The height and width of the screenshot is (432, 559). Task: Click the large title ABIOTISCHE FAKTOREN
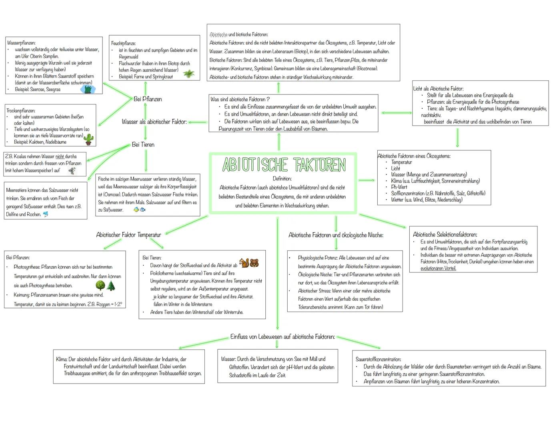coord(284,165)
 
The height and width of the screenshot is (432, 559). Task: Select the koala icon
coord(72,171)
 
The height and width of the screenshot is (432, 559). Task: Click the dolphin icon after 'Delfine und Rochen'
coord(46,214)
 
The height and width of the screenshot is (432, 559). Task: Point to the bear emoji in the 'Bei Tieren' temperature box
coord(254,263)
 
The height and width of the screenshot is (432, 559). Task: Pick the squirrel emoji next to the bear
coord(244,263)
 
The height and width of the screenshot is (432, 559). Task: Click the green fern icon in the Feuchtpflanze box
coord(188,74)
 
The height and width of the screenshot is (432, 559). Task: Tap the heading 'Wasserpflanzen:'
coord(21,42)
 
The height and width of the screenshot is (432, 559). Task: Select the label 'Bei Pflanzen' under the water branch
coord(148,99)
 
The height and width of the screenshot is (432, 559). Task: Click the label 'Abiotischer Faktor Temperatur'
coord(128,235)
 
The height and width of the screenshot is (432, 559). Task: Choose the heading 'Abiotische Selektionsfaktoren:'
coord(445,234)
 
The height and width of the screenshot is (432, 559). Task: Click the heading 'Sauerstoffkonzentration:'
coord(378,359)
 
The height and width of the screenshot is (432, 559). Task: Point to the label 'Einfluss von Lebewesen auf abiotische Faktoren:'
coord(283,337)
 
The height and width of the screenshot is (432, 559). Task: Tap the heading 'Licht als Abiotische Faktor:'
coord(438,88)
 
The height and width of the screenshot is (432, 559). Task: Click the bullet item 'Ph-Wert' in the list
coord(399,187)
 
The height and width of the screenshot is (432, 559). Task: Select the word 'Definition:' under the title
coord(282,178)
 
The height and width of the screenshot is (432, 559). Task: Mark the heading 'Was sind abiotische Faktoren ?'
coord(240,99)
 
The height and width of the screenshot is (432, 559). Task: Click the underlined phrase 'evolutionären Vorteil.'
coord(438,268)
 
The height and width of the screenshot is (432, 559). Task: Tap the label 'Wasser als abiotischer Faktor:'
coord(154,122)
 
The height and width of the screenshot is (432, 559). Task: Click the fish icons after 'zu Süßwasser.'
coord(139,210)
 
